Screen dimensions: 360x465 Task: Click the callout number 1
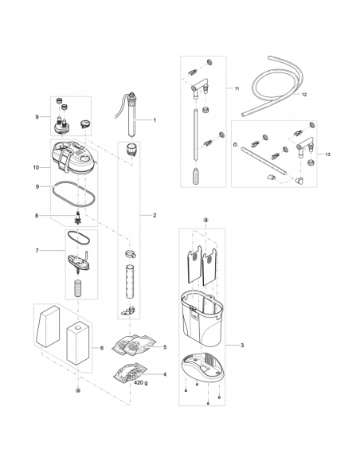pos(155,120)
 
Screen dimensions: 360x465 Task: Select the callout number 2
pos(155,215)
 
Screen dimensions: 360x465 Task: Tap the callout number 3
pos(242,346)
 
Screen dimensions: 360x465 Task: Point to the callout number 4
pos(165,374)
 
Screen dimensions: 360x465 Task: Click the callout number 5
pos(165,347)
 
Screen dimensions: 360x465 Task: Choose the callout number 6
pos(102,348)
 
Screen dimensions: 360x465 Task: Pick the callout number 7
pos(37,251)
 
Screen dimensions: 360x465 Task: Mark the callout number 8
pos(37,216)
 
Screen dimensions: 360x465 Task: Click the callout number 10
pos(36,167)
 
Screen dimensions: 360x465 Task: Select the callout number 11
pos(237,88)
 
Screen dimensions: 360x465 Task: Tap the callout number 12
pos(304,95)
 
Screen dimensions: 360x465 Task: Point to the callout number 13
pos(327,154)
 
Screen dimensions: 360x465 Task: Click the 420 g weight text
pos(141,382)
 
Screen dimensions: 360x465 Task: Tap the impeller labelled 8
pos(78,219)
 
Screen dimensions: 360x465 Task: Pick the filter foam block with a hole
pos(78,343)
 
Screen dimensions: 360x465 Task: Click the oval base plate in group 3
pos(202,366)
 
